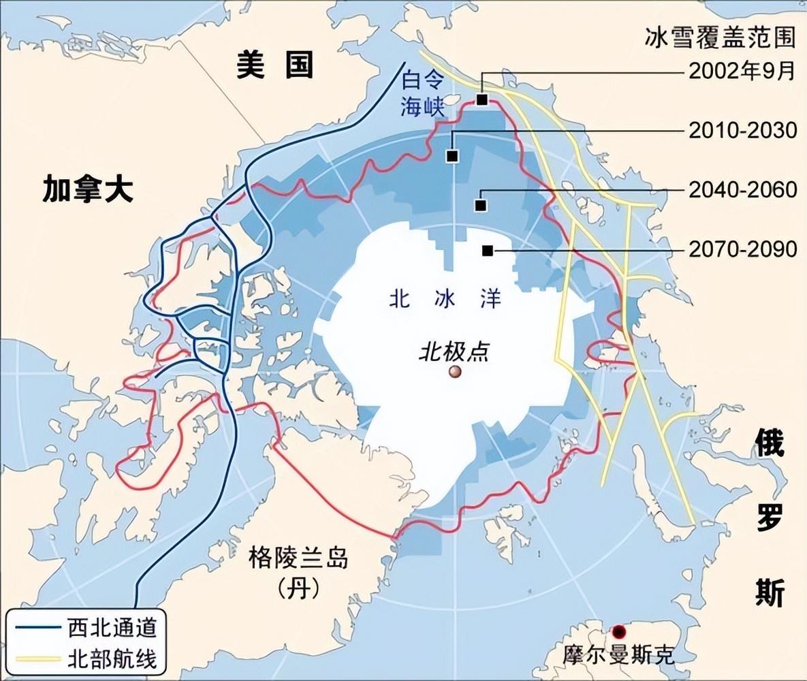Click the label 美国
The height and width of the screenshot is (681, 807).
(x=275, y=65)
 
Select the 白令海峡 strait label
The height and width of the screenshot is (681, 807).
(x=422, y=94)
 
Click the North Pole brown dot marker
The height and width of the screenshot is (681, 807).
(x=454, y=371)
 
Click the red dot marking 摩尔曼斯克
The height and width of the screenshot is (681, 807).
(x=619, y=631)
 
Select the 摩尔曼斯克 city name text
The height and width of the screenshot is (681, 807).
(x=618, y=655)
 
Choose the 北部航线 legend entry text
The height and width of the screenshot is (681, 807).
(x=113, y=659)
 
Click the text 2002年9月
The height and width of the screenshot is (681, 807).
(x=742, y=72)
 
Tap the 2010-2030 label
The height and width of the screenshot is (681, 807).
(x=742, y=129)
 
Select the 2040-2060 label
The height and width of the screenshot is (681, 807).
(x=742, y=190)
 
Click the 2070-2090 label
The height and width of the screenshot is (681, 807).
(x=742, y=249)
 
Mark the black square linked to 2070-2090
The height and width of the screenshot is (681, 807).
(x=487, y=251)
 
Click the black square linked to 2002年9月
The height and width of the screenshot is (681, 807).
(x=482, y=99)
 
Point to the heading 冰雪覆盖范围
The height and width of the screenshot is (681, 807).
(x=721, y=37)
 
